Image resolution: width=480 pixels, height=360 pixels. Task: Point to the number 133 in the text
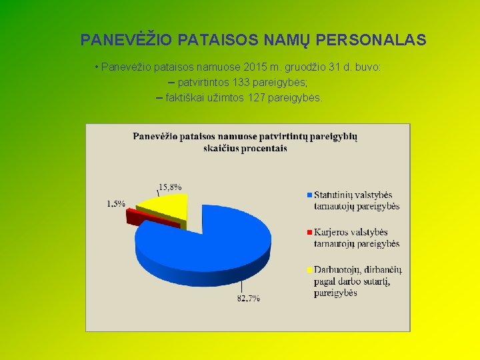243,83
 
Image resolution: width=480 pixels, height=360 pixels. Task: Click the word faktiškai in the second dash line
187,98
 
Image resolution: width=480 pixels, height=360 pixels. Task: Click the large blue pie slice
213,247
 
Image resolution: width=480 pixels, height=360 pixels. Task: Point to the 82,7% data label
248,298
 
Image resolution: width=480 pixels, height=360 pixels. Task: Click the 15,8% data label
169,187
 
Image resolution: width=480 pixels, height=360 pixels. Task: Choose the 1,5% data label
116,203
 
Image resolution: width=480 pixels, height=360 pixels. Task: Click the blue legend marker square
309,195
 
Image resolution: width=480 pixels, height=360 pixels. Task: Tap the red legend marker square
309,232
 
